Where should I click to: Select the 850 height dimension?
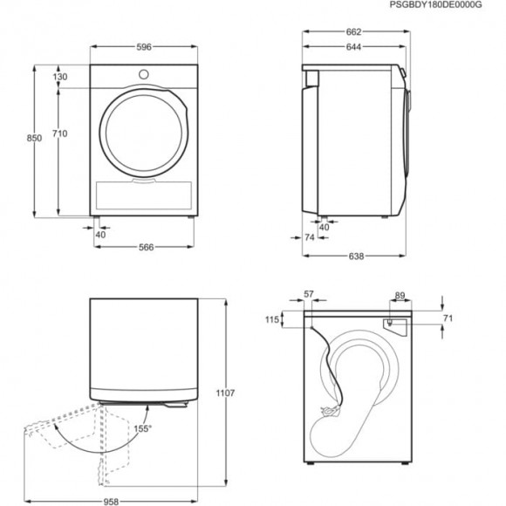click(35, 139)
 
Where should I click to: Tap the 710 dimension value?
click(60, 133)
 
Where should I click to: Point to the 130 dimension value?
click(60, 77)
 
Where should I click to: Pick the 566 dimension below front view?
click(147, 248)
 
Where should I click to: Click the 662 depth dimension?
click(353, 32)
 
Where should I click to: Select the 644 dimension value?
click(353, 45)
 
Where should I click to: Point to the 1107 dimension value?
click(225, 393)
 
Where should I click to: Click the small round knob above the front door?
click(146, 72)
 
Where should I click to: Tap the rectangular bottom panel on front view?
click(146, 193)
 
